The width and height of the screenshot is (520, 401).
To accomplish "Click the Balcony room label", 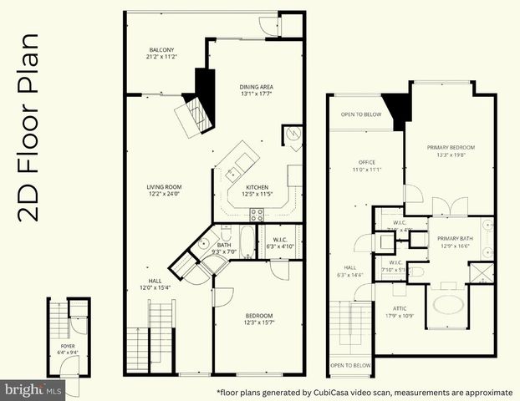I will click(x=157, y=50).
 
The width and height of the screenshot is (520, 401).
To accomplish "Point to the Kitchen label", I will click(x=257, y=186).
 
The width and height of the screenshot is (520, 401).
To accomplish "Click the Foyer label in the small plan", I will click(x=68, y=344).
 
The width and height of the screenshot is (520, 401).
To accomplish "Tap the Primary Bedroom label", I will click(x=450, y=148).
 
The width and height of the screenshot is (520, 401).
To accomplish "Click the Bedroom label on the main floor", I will click(x=258, y=315).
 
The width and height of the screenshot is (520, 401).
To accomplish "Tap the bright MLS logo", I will click(x=33, y=389).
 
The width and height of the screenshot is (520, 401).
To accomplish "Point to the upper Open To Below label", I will click(x=361, y=115).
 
